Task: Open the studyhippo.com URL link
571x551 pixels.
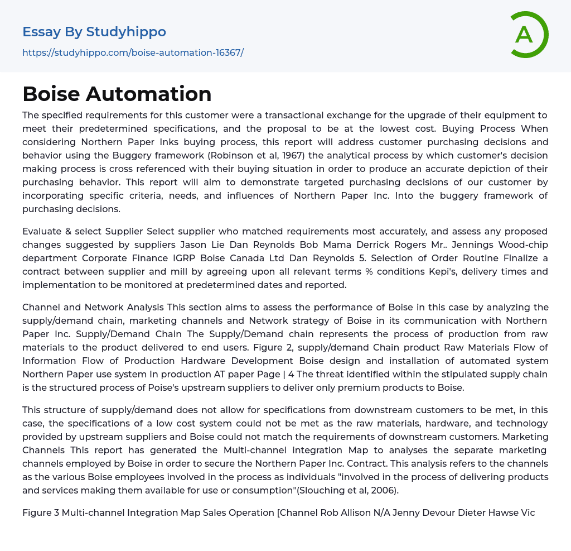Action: (x=133, y=53)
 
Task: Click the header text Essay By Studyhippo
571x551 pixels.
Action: (x=94, y=32)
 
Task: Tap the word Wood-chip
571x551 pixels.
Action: (x=527, y=245)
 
